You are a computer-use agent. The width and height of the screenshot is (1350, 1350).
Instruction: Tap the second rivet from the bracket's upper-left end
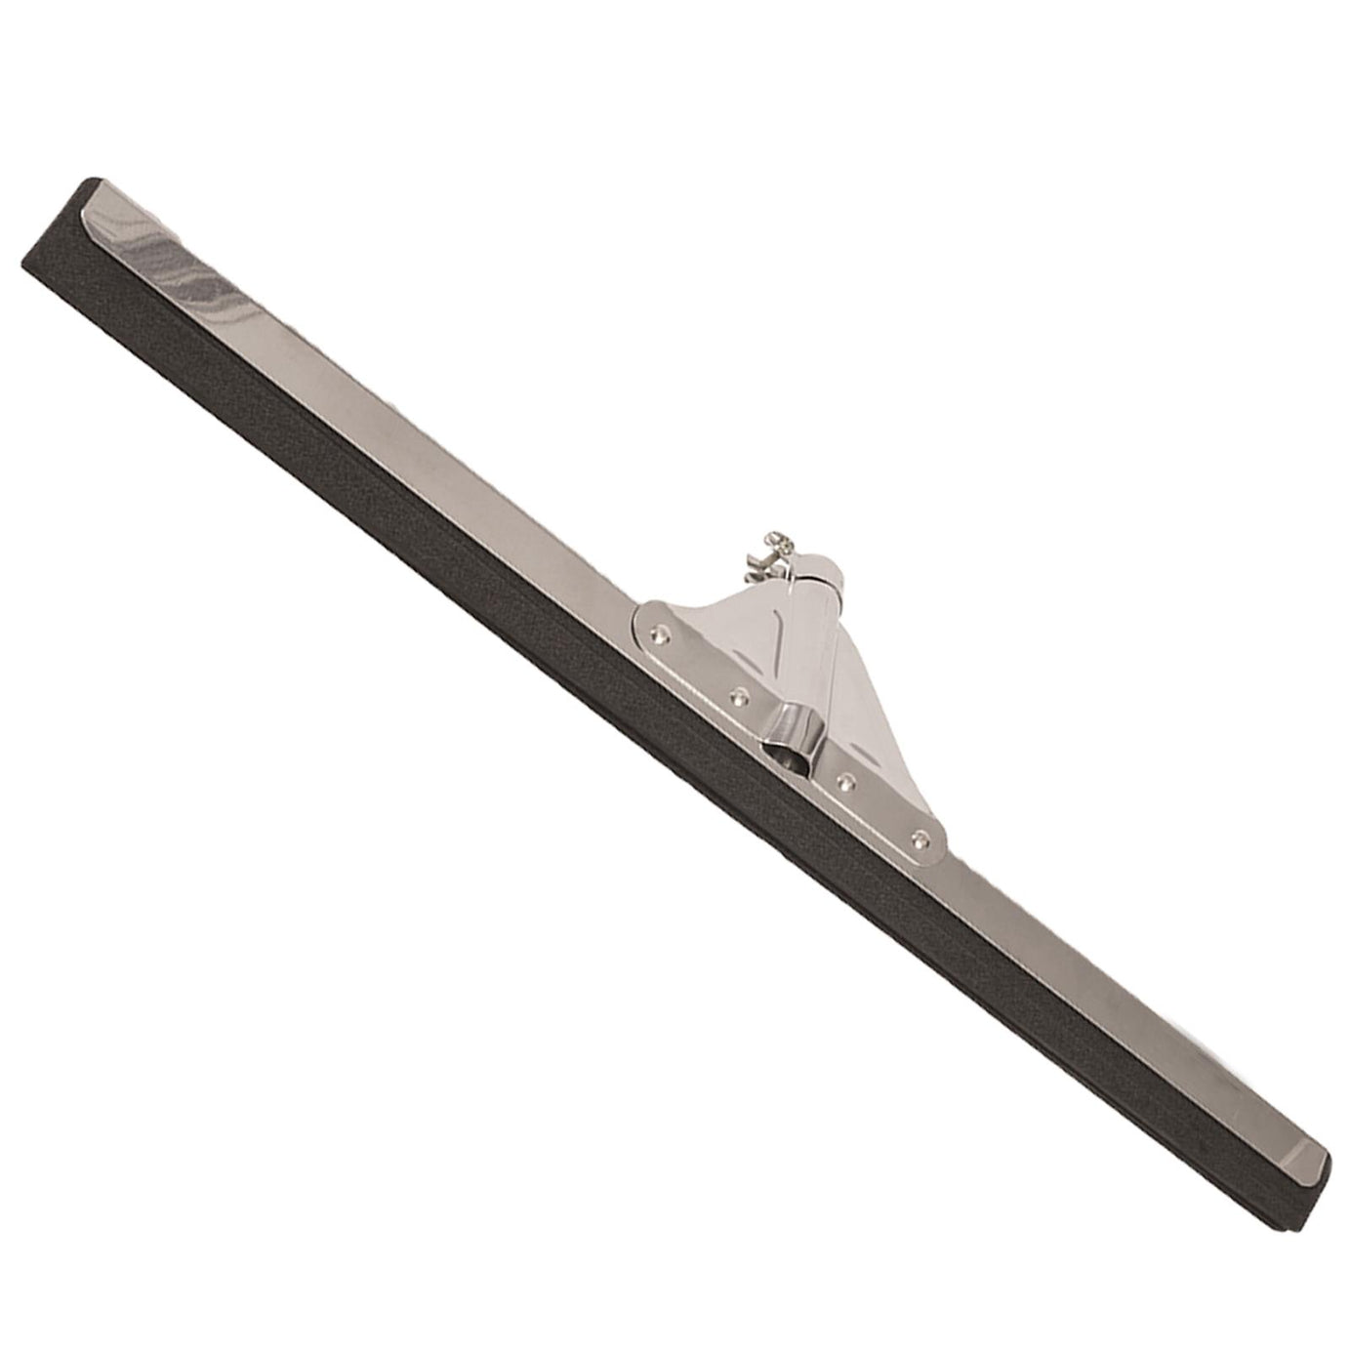pyautogui.click(x=739, y=696)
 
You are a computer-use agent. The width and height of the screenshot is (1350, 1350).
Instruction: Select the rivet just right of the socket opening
pyautogui.click(x=846, y=781)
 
